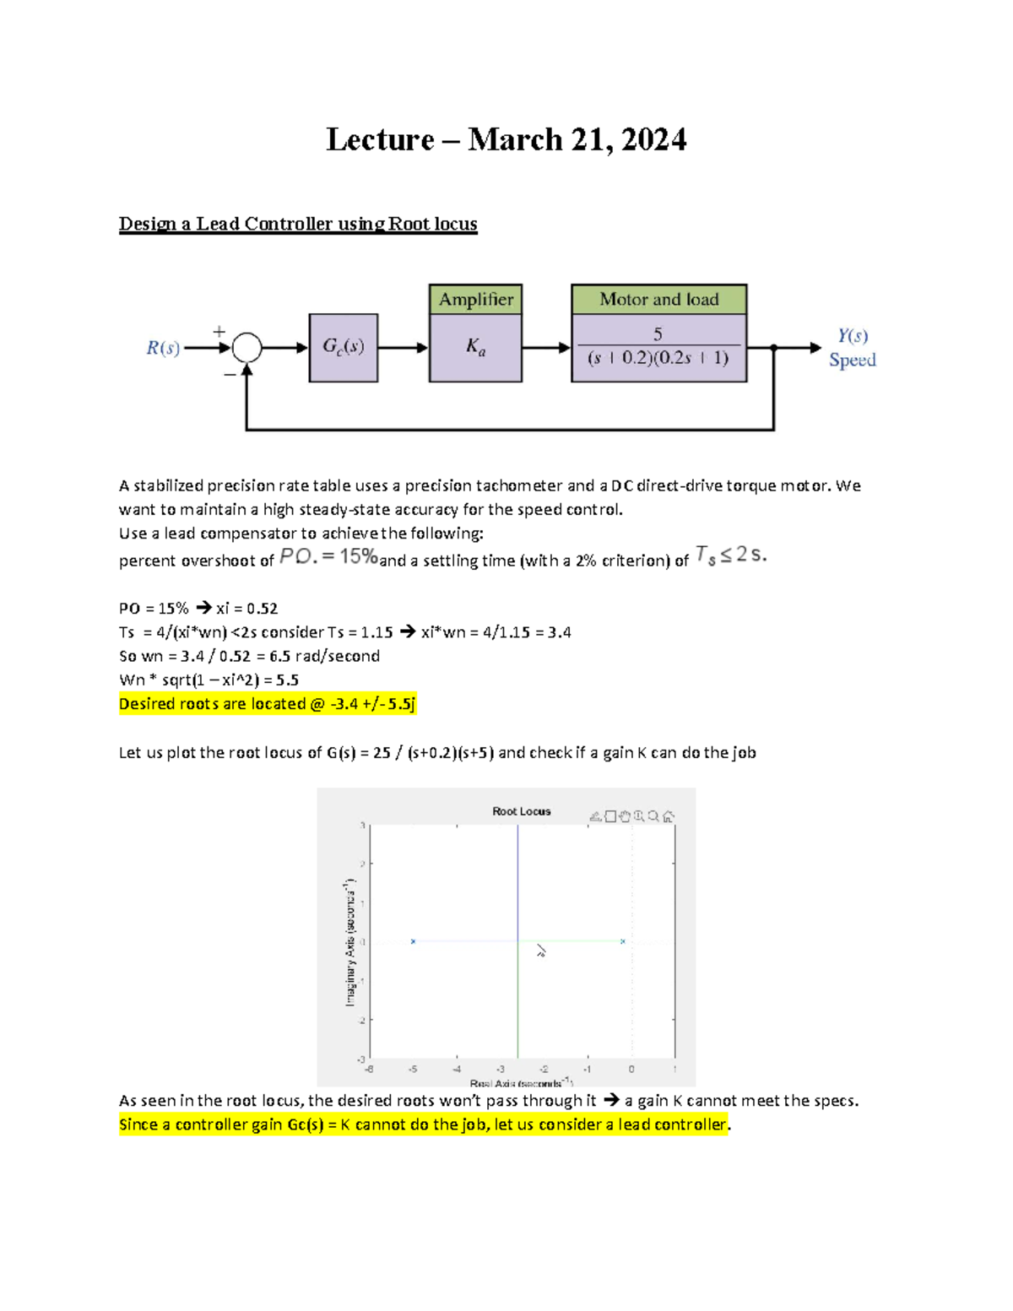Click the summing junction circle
click(246, 347)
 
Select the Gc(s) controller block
click(343, 347)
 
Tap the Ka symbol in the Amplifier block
click(475, 347)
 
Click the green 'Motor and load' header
click(658, 300)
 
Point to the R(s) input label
click(163, 348)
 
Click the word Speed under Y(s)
click(852, 360)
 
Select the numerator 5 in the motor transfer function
click(658, 333)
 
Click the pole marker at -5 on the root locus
click(413, 941)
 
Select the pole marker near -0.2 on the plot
click(623, 941)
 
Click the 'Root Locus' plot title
click(521, 811)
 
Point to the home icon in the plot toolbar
click(669, 816)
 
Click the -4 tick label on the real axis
click(457, 1070)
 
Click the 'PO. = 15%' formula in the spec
click(328, 556)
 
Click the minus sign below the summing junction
click(229, 374)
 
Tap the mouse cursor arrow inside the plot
click(541, 951)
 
